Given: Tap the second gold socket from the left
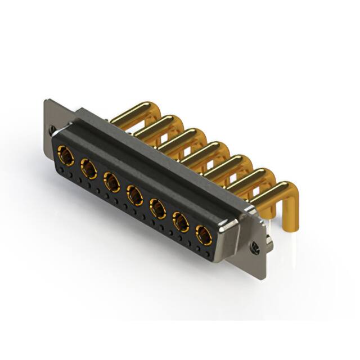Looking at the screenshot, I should pyautogui.click(x=88, y=168).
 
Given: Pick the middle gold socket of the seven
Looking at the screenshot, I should pyautogui.click(x=134, y=195).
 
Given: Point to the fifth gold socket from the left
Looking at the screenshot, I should pyautogui.click(x=157, y=209).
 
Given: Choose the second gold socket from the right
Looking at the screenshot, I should pyautogui.click(x=180, y=223).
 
